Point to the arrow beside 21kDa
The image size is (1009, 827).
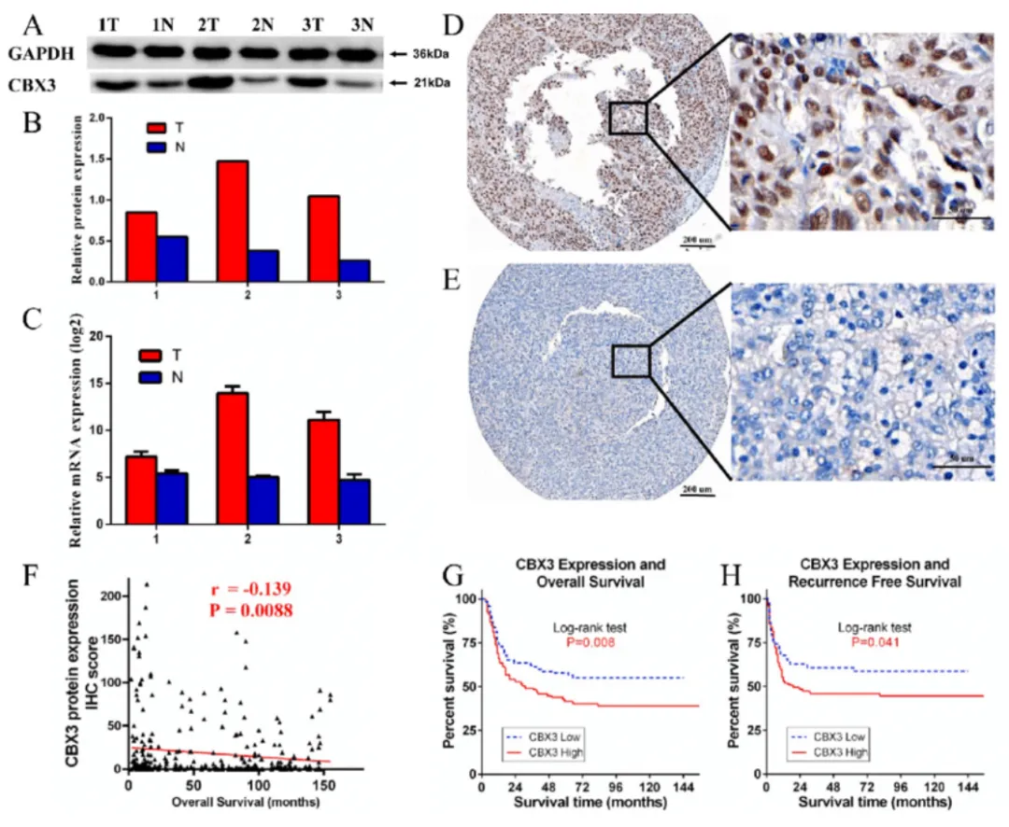(x=397, y=84)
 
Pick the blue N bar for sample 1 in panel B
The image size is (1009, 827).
(x=172, y=259)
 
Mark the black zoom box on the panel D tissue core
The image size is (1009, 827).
(x=628, y=118)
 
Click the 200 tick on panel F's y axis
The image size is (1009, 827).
(x=108, y=595)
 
